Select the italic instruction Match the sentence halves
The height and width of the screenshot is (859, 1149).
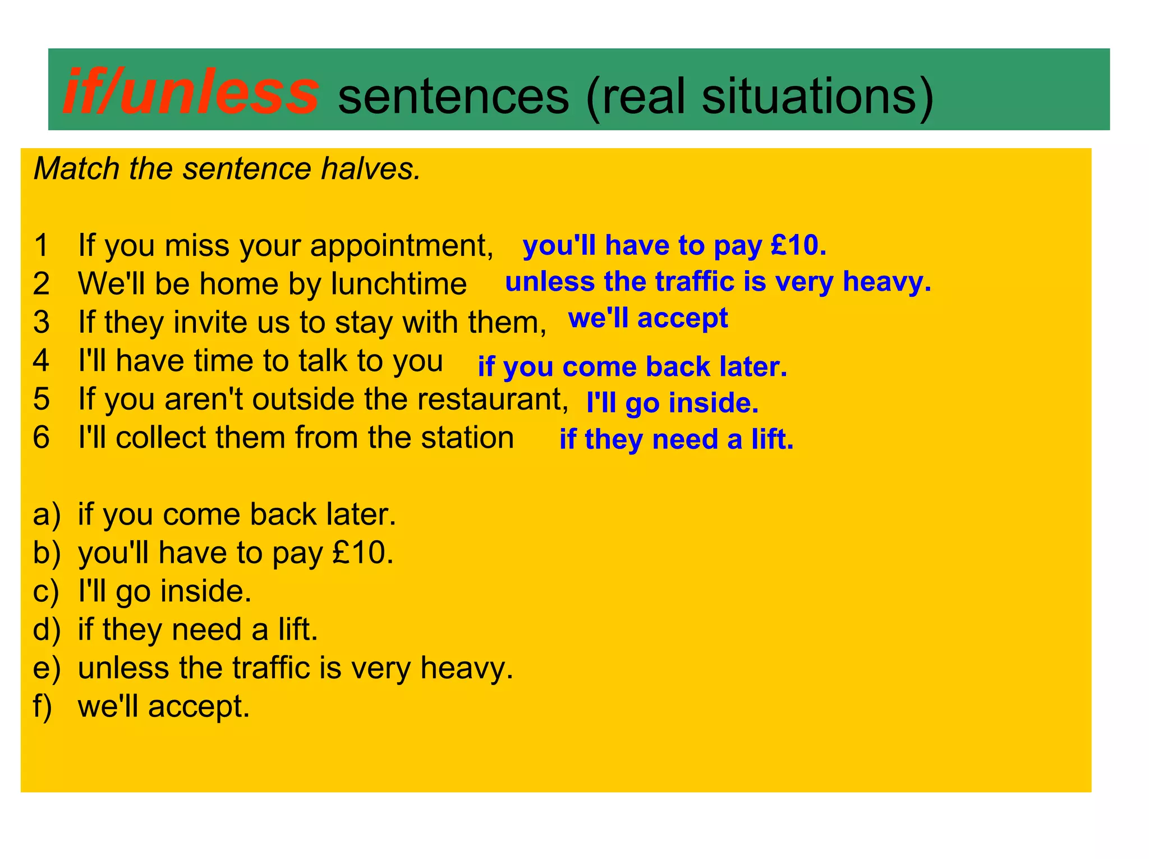pos(227,169)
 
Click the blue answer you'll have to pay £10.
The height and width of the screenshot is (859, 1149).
pos(674,246)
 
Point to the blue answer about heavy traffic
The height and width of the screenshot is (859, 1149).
pos(718,282)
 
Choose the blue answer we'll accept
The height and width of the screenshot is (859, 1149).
pos(648,318)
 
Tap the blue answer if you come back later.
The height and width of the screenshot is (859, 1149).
pos(632,367)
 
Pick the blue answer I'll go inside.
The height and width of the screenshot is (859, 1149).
pos(672,403)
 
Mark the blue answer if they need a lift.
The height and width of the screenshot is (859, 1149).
pos(676,439)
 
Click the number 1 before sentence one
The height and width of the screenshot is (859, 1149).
pos(42,246)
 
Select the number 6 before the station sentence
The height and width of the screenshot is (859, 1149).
pos(42,438)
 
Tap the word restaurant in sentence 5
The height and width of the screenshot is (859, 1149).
pos(494,399)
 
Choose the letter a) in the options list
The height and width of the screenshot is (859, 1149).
pos(46,515)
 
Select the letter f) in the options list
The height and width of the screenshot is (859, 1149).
pos(43,706)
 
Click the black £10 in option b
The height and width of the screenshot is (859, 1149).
pos(362,553)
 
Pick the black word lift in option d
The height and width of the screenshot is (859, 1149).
pos(297,630)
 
